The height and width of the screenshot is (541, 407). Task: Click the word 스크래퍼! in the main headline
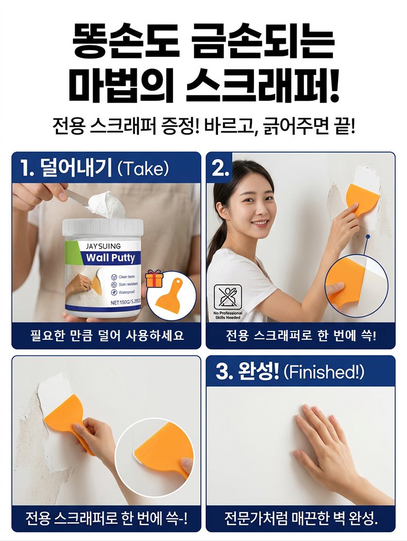click(262, 85)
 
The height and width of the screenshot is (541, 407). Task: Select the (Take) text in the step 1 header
click(143, 169)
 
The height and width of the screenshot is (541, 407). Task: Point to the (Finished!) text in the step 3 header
click(324, 372)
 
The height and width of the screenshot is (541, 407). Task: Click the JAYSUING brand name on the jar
click(103, 246)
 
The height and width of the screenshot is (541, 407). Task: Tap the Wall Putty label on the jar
click(110, 258)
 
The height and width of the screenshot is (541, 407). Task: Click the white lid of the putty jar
click(103, 229)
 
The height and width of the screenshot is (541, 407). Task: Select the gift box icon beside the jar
click(154, 278)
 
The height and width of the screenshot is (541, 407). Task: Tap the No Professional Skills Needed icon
click(228, 301)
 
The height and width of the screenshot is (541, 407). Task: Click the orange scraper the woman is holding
click(360, 199)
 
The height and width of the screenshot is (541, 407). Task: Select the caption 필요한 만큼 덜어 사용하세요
click(107, 335)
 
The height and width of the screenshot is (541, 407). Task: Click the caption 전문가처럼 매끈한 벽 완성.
click(301, 518)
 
